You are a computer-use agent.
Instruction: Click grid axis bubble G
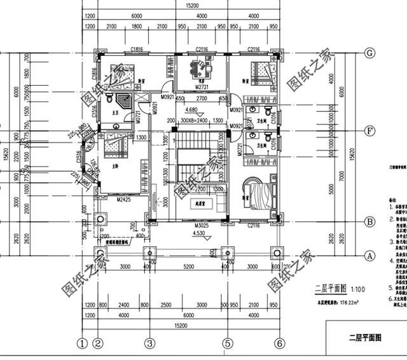[x=368, y=53]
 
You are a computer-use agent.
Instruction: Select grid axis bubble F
[x=368, y=132]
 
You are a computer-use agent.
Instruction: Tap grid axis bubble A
[x=368, y=256]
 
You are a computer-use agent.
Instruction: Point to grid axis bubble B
[x=368, y=222]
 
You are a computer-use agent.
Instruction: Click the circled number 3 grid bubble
[x=149, y=343]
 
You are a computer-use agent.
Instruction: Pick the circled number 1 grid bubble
[x=82, y=343]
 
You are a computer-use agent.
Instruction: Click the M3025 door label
[x=202, y=226]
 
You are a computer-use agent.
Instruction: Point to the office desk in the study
[x=202, y=66]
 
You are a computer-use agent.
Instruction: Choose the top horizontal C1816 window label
[x=135, y=49]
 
